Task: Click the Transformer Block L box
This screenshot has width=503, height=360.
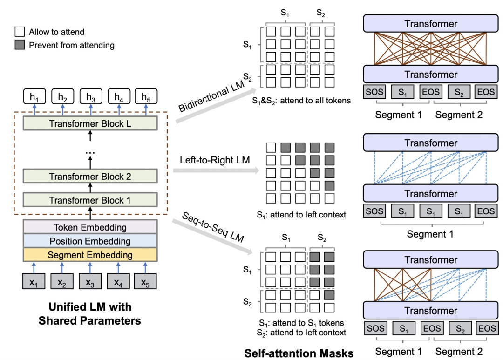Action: [x=90, y=123]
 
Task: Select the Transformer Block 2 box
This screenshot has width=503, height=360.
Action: [x=90, y=177]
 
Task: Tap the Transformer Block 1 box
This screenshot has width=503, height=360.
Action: [x=90, y=200]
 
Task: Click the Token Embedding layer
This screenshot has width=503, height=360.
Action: [x=90, y=227]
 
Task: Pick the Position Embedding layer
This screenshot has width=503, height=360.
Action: [x=90, y=241]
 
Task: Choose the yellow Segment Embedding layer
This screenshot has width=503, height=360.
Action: [x=90, y=255]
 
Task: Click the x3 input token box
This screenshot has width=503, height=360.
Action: [x=90, y=281]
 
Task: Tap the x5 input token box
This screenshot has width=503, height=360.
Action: [x=145, y=281]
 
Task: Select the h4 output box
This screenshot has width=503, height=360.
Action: [x=118, y=97]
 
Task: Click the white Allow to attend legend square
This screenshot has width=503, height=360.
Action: [x=20, y=32]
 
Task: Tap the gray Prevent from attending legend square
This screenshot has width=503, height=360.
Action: [x=20, y=45]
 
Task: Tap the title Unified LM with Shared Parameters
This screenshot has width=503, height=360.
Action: [x=90, y=314]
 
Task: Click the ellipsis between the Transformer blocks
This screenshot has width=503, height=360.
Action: [x=90, y=152]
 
